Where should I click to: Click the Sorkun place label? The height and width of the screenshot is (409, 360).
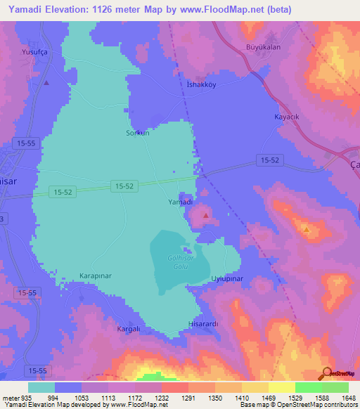[138, 133]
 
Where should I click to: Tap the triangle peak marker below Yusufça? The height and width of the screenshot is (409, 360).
[46, 82]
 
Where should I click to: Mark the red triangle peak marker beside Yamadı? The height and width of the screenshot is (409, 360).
[205, 215]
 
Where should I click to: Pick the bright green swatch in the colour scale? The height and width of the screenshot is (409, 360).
[309, 387]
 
